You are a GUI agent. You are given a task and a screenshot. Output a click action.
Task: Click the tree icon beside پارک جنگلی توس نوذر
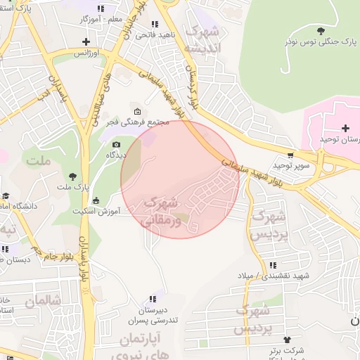pyautogui.click(x=321, y=31)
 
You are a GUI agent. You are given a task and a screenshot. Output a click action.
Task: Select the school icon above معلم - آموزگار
pyautogui.click(x=101, y=8)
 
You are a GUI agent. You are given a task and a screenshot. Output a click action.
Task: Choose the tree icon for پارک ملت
pyautogui.click(x=73, y=176)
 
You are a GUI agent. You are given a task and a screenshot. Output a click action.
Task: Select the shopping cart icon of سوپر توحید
pyautogui.click(x=290, y=155)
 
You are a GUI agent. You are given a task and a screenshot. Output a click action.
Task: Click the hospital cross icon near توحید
pyautogui.click(x=345, y=128)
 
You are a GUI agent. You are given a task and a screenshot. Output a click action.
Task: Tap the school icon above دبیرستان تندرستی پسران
pyautogui.click(x=153, y=300)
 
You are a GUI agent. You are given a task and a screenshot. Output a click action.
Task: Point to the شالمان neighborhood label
pyautogui.click(x=44, y=301)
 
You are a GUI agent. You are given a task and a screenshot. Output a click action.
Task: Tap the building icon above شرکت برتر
pyautogui.click(x=286, y=338)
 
